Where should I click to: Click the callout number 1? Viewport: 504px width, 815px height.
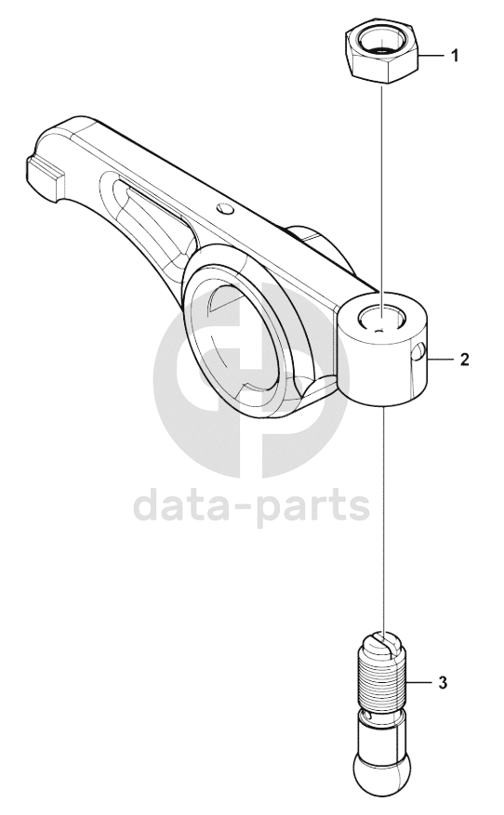point(455,55)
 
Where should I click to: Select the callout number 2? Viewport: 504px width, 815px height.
point(464,359)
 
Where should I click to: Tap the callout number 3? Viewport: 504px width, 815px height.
point(443,682)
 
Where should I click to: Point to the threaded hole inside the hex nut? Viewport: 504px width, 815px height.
point(383,42)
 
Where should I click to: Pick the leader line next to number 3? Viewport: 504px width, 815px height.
point(421,682)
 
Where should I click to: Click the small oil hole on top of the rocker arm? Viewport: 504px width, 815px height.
point(226,208)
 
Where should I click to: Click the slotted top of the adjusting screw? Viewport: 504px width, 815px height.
point(384,643)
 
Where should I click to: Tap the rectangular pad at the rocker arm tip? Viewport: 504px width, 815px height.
point(46,177)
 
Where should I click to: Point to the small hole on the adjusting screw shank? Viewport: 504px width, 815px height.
point(369,716)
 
